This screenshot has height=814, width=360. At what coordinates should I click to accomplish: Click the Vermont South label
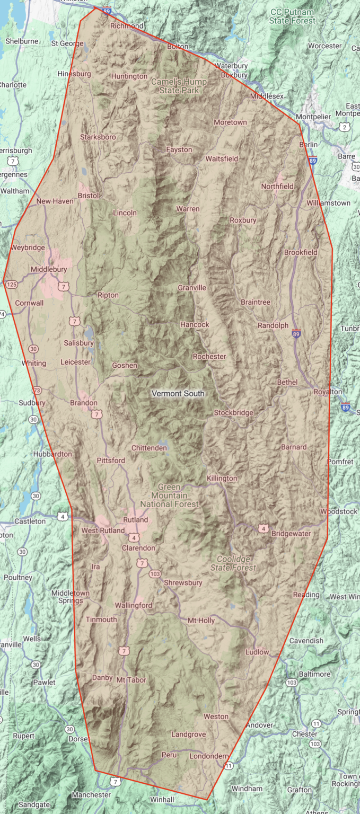pos(178,394)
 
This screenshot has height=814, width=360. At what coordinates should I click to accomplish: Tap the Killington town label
pos(222,479)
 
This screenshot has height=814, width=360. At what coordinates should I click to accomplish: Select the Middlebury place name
pos(49,269)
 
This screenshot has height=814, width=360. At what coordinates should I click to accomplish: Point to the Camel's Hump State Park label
pos(179,86)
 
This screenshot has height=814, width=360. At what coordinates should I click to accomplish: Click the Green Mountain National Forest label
pos(170,496)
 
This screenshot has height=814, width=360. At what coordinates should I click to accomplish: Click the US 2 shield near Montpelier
pos(345,127)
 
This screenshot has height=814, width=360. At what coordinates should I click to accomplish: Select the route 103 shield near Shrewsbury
pos(155,574)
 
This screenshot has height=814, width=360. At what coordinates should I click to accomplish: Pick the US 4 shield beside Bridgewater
pos(263,528)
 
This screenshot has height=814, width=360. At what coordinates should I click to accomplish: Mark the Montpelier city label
pos(313,117)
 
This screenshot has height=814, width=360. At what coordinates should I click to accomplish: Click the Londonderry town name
pos(208,756)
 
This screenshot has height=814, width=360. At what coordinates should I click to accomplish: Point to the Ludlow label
pos(257,652)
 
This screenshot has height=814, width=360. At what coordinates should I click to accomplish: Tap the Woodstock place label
pos(339,511)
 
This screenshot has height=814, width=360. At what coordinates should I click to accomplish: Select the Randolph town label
pos(273,325)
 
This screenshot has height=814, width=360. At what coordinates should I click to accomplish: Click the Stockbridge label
pos(233,413)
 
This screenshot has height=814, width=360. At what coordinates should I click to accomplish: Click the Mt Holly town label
pos(201,620)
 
